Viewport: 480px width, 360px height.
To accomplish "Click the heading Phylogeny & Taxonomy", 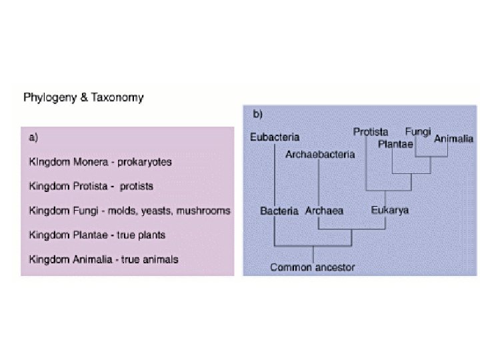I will point(83,97).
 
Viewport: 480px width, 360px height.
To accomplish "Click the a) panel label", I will point(33,137).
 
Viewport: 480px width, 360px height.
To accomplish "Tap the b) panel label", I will point(257,115).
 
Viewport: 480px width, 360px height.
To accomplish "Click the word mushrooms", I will point(206,211).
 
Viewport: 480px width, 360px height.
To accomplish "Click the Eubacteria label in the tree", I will point(275,138).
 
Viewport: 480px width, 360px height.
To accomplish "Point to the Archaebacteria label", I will point(320,155).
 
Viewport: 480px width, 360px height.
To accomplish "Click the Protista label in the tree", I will point(371,132).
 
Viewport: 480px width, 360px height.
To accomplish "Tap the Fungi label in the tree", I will point(418,131).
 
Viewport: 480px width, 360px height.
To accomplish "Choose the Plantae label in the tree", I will point(396,144).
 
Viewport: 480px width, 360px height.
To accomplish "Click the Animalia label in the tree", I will point(454,139).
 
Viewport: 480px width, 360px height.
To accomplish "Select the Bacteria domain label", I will point(279,211).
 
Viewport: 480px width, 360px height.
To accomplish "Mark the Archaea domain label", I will point(324,211).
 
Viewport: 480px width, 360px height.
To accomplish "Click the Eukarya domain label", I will point(390,210).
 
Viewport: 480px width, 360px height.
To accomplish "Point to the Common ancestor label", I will point(312,267).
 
